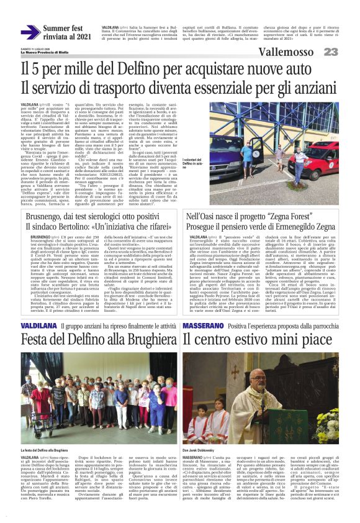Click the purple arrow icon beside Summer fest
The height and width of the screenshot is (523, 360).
click(x=30, y=32)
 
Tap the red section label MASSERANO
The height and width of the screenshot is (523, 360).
click(x=201, y=325)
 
